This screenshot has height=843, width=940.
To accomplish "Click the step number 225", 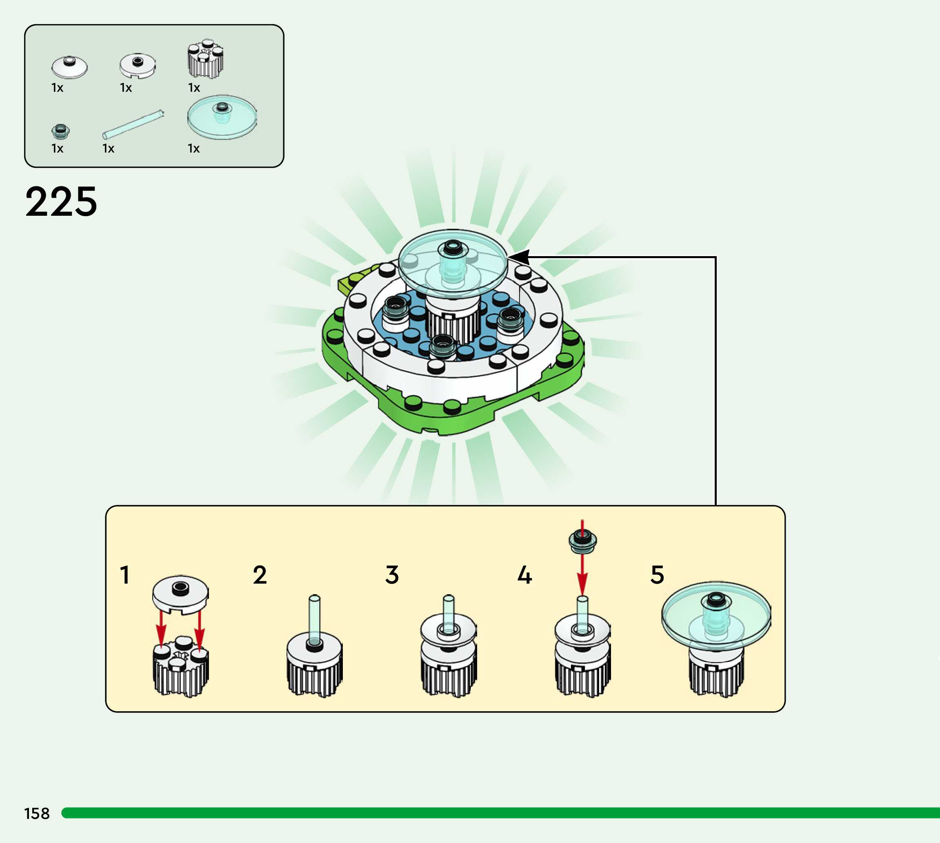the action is tap(61, 202).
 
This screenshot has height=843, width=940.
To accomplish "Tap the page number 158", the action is tap(37, 813).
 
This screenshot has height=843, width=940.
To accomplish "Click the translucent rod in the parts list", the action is tap(133, 124).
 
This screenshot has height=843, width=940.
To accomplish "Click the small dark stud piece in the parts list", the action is tap(60, 132).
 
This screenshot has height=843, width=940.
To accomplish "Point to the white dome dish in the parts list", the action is tap(69, 67).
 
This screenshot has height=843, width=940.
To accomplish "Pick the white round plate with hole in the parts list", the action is tap(138, 66).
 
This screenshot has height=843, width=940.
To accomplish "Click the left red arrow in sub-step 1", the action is tap(161, 628).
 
